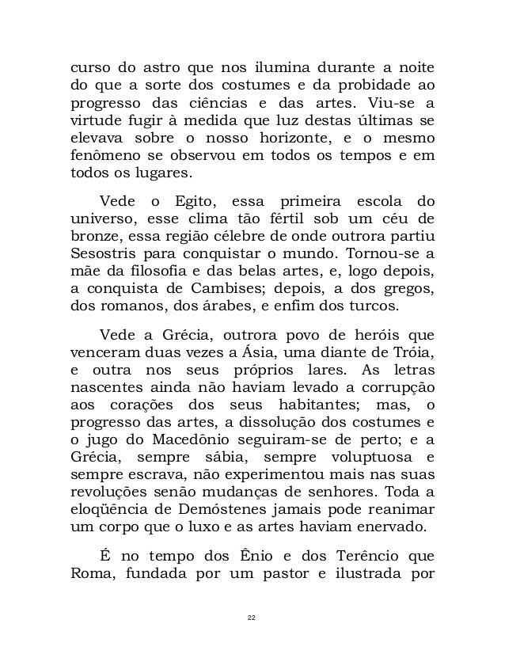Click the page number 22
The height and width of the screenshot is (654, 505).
tap(252, 615)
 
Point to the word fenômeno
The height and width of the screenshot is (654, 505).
tap(103, 156)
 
